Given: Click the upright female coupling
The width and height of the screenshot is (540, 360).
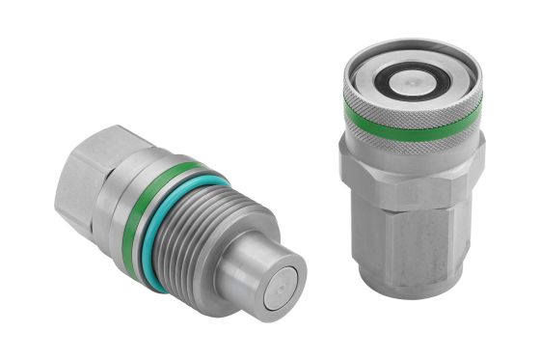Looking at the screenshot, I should [x=410, y=174].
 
